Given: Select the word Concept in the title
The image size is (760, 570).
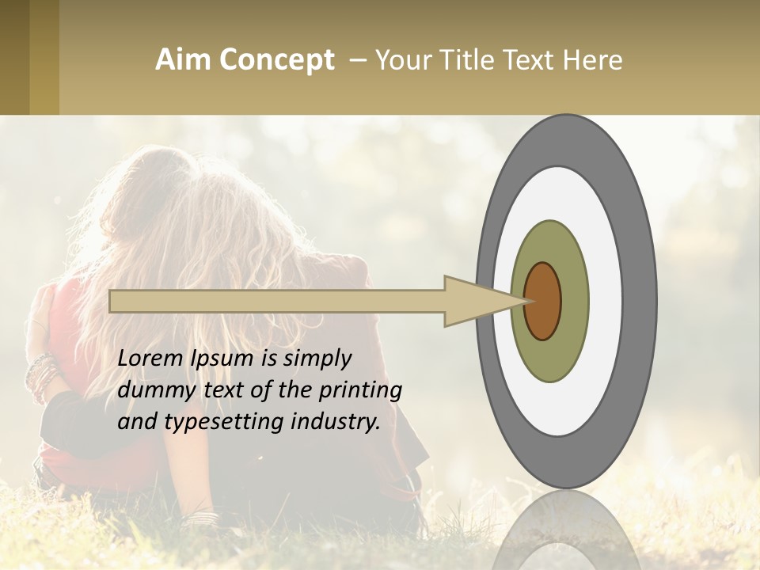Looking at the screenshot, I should (x=276, y=60).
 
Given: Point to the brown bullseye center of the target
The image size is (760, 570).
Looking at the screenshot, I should (x=542, y=301).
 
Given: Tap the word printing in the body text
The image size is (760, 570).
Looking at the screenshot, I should (x=359, y=391).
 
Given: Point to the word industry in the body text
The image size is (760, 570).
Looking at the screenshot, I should (x=336, y=422).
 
